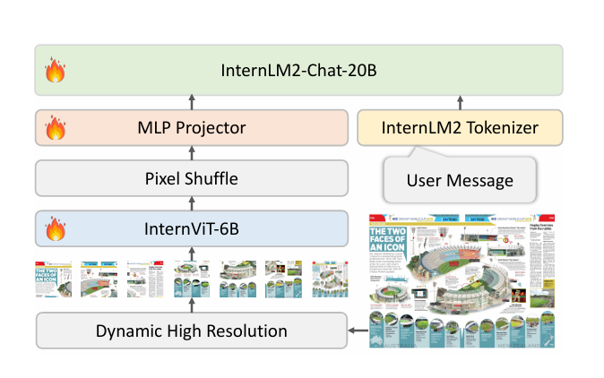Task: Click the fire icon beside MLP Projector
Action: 56,129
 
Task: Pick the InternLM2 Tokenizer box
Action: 461,128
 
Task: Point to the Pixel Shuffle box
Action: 192,178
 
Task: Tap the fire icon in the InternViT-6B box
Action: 56,229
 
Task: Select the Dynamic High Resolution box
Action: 192,331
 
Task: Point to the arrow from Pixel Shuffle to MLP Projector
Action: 193,153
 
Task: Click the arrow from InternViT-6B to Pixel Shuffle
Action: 193,203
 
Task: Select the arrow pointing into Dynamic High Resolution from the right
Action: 358,331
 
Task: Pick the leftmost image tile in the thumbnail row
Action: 53,278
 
